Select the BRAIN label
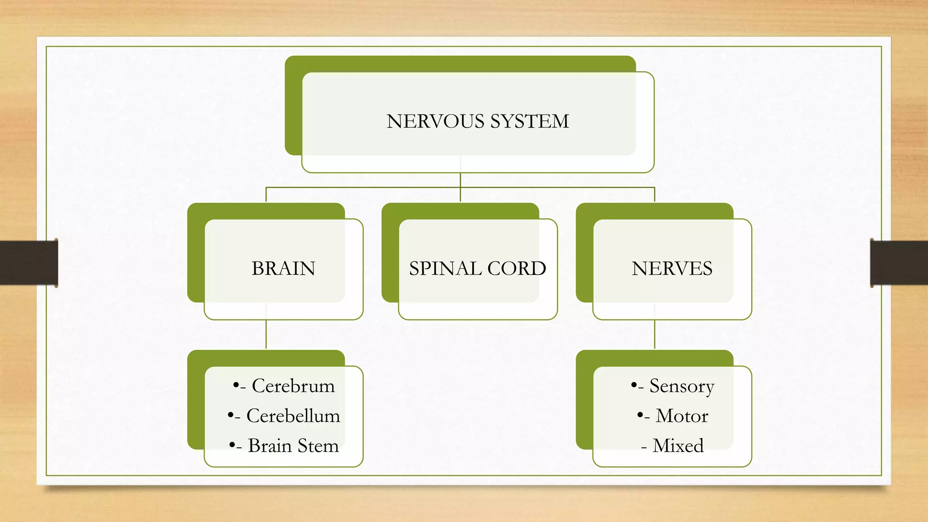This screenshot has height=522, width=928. [x=283, y=269]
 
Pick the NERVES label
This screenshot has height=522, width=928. [x=672, y=269]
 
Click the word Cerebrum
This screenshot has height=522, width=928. [x=293, y=386]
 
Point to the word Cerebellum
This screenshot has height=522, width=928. [x=293, y=416]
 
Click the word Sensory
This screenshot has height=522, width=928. [x=681, y=386]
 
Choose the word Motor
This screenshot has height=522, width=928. [x=681, y=416]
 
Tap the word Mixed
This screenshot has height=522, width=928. [x=678, y=446]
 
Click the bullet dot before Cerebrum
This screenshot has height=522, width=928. [x=236, y=385]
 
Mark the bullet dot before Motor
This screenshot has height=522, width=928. [x=640, y=415]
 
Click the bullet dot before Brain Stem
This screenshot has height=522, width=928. [x=232, y=445]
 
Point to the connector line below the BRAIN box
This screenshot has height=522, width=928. [x=266, y=334]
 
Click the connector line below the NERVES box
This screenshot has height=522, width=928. [x=655, y=334]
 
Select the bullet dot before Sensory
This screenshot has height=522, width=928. [x=633, y=385]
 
